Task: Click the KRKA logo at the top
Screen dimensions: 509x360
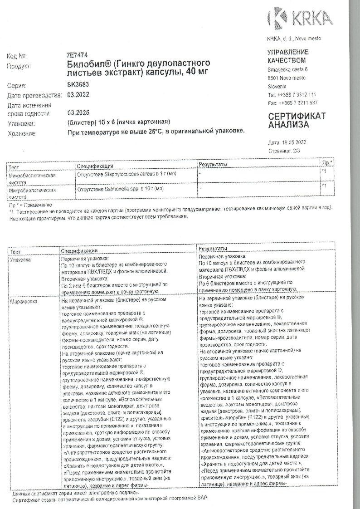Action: (x=301, y=19)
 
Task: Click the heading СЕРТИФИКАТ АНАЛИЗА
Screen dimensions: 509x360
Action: (x=297, y=120)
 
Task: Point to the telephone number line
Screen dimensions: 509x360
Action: (x=292, y=95)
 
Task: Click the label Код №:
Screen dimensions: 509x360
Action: (x=17, y=56)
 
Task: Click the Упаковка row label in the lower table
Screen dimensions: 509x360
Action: (x=21, y=260)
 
